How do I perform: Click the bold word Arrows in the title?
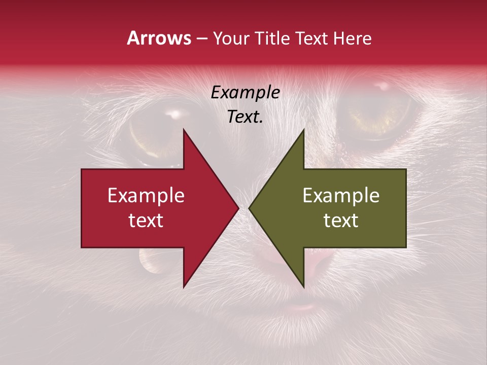(159, 38)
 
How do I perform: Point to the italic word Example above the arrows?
(245, 93)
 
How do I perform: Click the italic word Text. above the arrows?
(245, 117)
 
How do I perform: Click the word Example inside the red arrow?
(146, 195)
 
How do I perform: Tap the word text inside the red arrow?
(146, 220)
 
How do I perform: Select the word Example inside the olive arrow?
(341, 195)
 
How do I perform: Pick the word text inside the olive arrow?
(341, 220)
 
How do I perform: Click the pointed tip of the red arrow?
(238, 208)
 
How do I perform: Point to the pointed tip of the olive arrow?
(250, 208)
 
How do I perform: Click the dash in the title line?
(201, 39)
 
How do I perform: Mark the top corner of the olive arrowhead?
(303, 130)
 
